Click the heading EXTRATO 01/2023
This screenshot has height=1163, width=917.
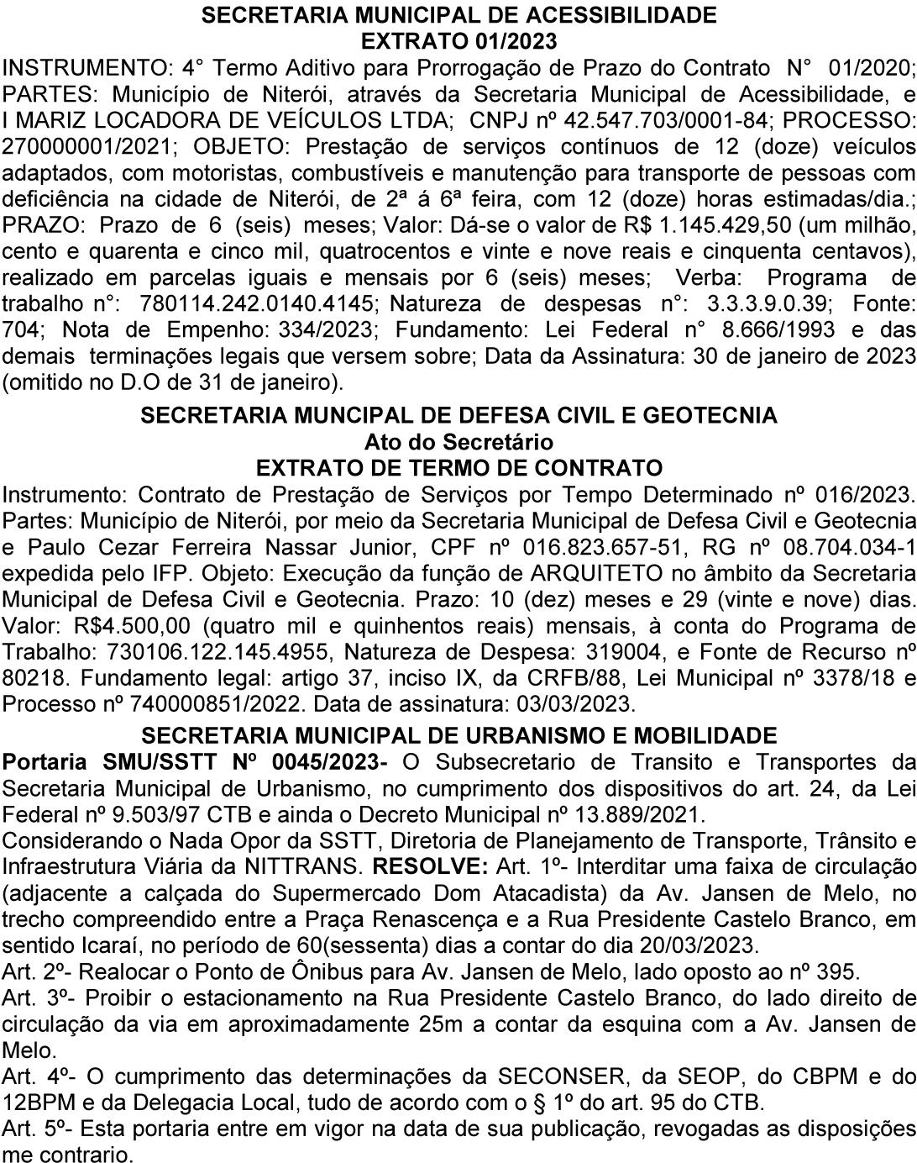[x=458, y=40]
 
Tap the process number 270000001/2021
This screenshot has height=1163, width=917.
[x=88, y=145]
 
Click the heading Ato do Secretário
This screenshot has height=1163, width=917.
[x=458, y=441]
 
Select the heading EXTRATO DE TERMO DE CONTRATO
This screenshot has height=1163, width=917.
[x=458, y=467]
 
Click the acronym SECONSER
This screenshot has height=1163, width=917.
[x=553, y=1076]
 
